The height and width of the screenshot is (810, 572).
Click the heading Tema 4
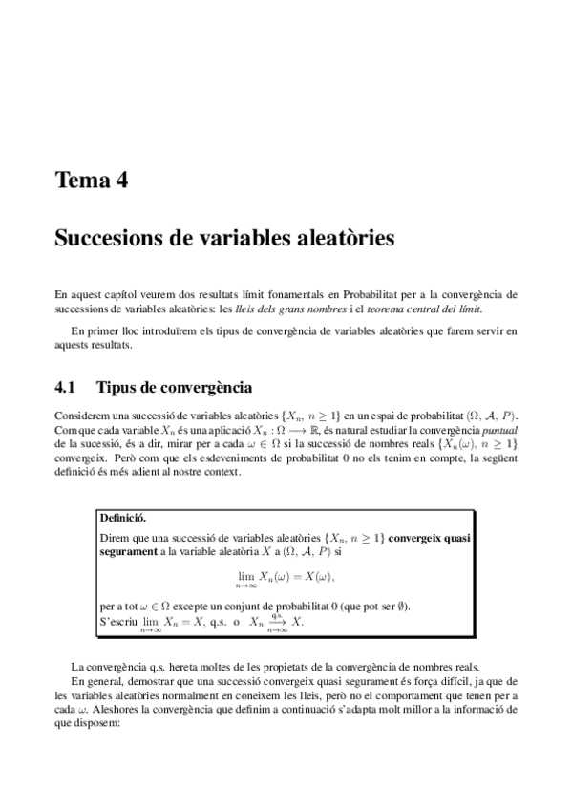coord(92,180)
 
